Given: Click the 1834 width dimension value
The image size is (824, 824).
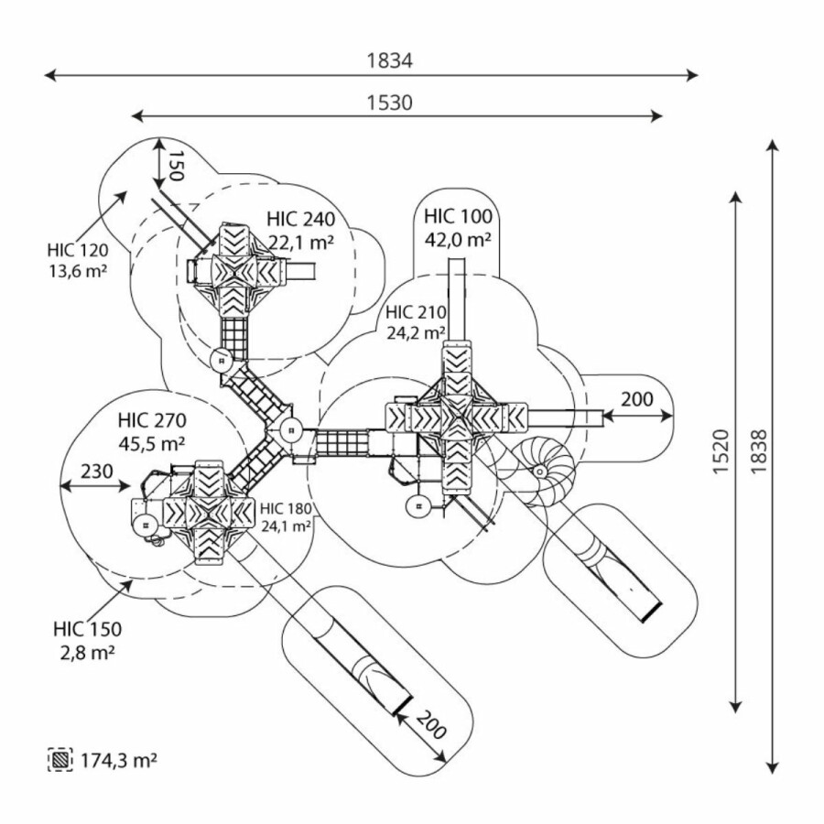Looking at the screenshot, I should (390, 61).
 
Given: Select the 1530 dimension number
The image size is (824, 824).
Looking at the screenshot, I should (390, 103).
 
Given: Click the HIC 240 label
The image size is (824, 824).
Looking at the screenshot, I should (301, 220).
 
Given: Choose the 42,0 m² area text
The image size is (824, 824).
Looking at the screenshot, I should (458, 240).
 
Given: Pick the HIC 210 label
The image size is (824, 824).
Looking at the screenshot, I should (416, 312).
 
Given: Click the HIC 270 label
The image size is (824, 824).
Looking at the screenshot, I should (152, 421).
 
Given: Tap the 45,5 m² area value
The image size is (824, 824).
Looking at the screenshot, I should (152, 443).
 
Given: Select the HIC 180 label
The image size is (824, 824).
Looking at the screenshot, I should (285, 509).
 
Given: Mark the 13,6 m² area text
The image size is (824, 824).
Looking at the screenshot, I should (78, 270).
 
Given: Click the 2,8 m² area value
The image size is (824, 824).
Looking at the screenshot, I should (87, 652).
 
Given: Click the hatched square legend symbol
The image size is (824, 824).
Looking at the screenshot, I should (60, 759).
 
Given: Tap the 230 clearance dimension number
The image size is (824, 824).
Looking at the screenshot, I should (96, 472).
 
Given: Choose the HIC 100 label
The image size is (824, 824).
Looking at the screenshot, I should (458, 217).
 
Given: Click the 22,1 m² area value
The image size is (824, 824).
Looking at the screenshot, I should (300, 242).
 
